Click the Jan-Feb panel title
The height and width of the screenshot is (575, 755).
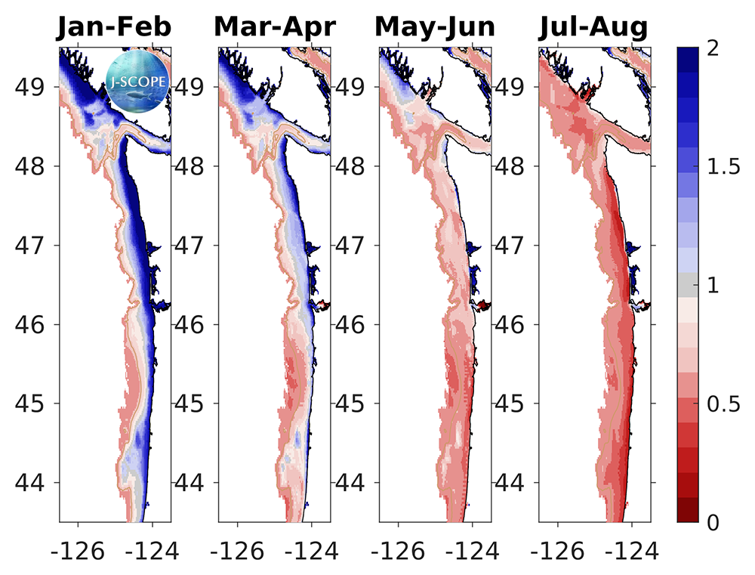click(x=114, y=27)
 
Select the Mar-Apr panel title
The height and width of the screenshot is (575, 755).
click(x=275, y=27)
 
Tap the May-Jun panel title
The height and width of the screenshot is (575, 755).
click(x=435, y=27)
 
